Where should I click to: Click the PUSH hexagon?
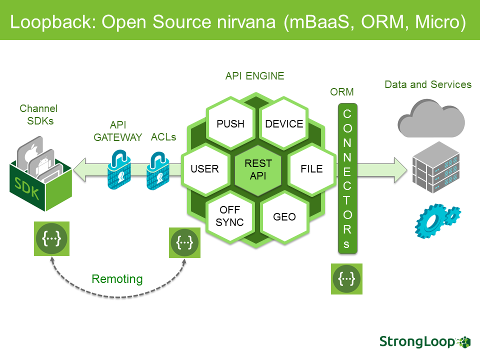230,124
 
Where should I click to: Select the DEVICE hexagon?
284,124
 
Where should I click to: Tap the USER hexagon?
204,168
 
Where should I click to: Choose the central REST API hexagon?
258,169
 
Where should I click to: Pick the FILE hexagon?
311,168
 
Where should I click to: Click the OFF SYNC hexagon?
230,216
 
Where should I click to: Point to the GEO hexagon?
284,216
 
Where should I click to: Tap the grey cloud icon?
431,118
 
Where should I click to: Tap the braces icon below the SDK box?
51,239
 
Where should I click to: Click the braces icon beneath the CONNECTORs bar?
347,278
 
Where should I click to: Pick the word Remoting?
117,279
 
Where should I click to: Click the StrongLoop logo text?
417,341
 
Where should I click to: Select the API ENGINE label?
254,76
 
